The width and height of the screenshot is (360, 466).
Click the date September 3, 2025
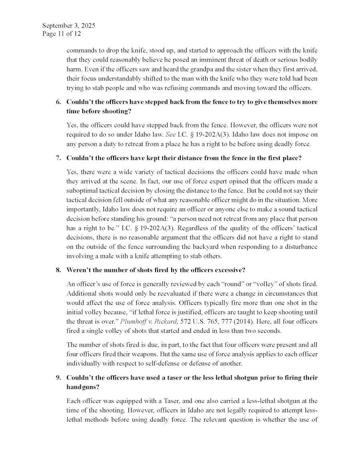(68, 26)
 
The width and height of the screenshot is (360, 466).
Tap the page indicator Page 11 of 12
(61, 34)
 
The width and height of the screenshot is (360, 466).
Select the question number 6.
(58, 102)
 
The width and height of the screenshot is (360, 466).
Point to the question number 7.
(58, 158)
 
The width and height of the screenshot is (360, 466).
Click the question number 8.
(58, 270)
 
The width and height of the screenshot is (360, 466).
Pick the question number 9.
(58, 378)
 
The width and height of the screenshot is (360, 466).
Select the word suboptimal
(84, 187)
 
